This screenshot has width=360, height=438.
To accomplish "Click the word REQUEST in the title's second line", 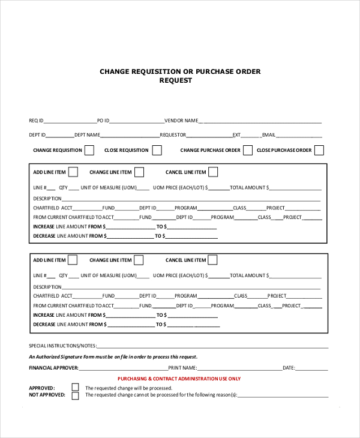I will pos(175,80).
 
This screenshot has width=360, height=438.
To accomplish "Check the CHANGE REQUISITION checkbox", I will pos(89,150).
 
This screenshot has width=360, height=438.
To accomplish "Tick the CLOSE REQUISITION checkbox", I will pos(157,150).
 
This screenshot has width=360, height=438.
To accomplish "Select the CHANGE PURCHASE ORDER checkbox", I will pos(248,150).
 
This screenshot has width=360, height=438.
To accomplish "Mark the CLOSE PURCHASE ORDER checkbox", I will pos(319,150).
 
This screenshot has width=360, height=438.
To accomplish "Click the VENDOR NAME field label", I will pos(181,121).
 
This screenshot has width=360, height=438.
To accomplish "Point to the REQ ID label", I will pos(36,121).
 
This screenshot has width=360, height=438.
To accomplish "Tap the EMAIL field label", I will pos(268,135).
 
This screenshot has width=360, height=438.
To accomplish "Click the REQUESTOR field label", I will pos(173,135).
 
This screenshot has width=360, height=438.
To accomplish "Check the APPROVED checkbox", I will pos(75,388).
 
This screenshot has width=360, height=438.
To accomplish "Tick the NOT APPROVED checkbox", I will pos(75,395).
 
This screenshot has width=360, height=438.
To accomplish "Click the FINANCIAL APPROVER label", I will pos(53,368).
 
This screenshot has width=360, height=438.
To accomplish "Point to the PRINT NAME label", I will pos(182,368).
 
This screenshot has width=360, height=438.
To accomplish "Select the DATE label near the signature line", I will pos(289,368).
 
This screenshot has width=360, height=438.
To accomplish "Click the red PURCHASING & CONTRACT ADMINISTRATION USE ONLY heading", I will pos(179,379).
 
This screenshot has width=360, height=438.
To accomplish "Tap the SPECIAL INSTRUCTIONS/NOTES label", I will pos(62,346).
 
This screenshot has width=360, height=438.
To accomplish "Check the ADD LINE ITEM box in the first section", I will pos(73,172).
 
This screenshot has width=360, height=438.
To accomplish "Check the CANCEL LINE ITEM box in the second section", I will pos(212,260).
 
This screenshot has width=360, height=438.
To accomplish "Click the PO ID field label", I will pos(103,121).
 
